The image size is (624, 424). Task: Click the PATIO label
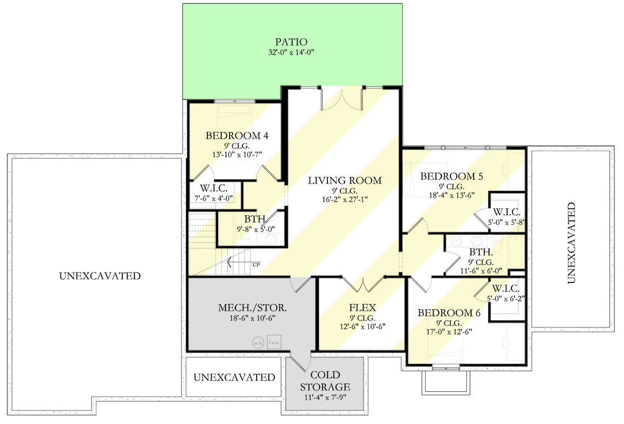click(291, 41)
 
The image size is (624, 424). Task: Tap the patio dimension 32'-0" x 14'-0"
click(291, 52)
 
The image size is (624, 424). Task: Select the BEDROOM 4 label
click(237, 136)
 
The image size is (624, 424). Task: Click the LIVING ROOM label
click(345, 181)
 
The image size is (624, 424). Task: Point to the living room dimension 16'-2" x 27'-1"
click(345, 199)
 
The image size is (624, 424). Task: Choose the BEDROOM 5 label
click(451, 176)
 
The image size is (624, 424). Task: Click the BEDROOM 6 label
click(449, 313)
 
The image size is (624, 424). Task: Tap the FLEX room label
click(362, 307)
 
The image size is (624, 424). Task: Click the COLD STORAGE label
click(325, 381)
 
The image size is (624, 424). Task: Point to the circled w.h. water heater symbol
click(258, 342)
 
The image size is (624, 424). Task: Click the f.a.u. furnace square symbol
click(274, 342)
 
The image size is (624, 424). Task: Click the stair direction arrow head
click(229, 261)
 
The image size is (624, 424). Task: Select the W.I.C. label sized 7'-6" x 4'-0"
click(213, 188)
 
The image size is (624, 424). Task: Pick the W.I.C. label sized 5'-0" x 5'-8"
click(507, 211)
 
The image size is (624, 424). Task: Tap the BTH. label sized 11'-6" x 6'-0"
click(481, 253)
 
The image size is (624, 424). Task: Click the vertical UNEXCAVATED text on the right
click(571, 243)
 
